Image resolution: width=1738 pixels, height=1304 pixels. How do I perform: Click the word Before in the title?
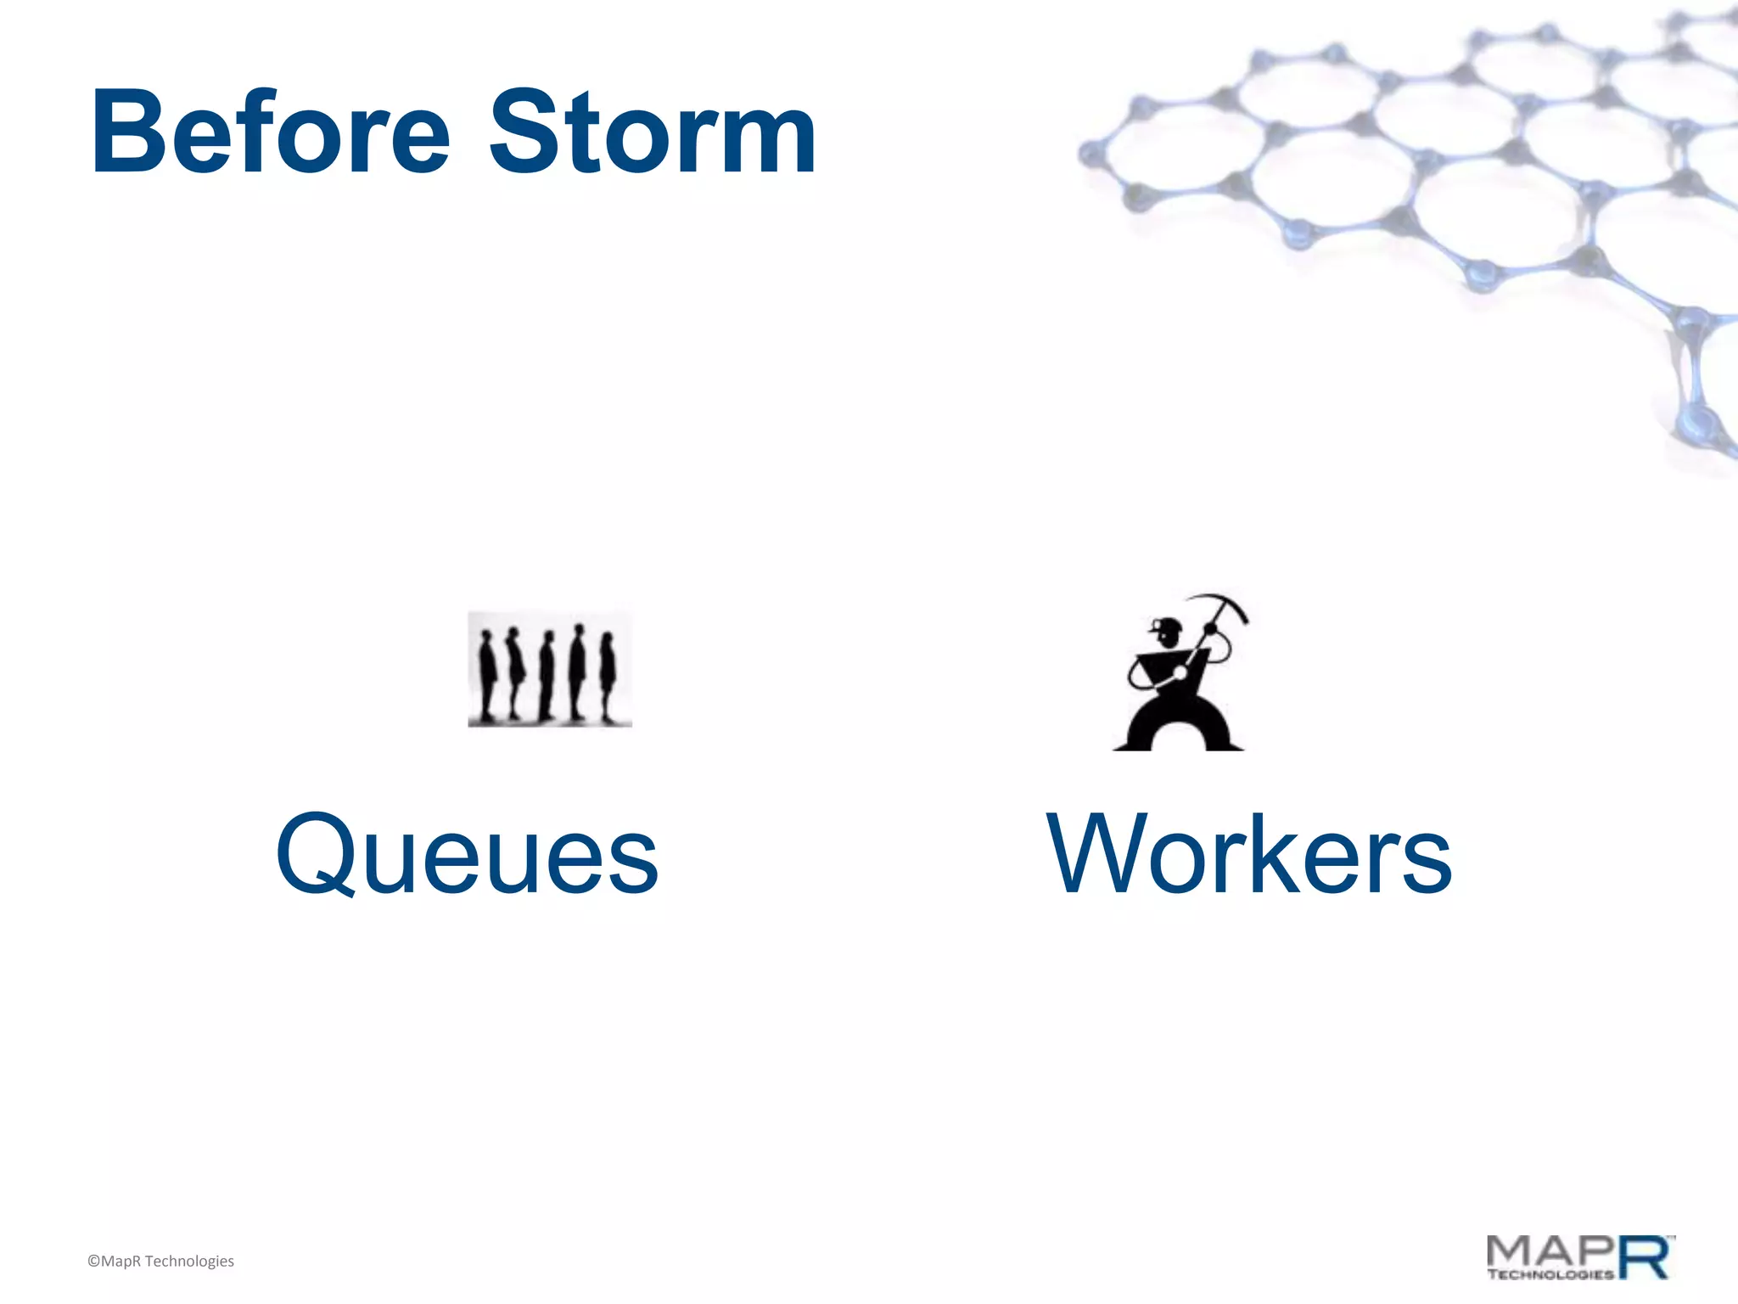270,133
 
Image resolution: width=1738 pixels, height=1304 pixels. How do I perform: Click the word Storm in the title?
652,133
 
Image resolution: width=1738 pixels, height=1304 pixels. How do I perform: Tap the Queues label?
467,854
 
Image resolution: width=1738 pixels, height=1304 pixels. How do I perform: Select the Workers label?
1249,854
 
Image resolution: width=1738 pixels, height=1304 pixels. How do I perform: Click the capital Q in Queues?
315,854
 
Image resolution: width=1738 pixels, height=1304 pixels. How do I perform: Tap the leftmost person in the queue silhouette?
486,675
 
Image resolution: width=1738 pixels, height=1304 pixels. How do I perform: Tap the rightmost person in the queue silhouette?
608,677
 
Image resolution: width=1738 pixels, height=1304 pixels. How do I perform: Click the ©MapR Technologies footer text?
160,1262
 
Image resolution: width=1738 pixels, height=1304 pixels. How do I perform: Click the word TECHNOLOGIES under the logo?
1550,1274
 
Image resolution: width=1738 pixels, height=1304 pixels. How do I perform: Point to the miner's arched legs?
1179,726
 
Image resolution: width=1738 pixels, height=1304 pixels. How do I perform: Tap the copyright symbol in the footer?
93,1262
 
